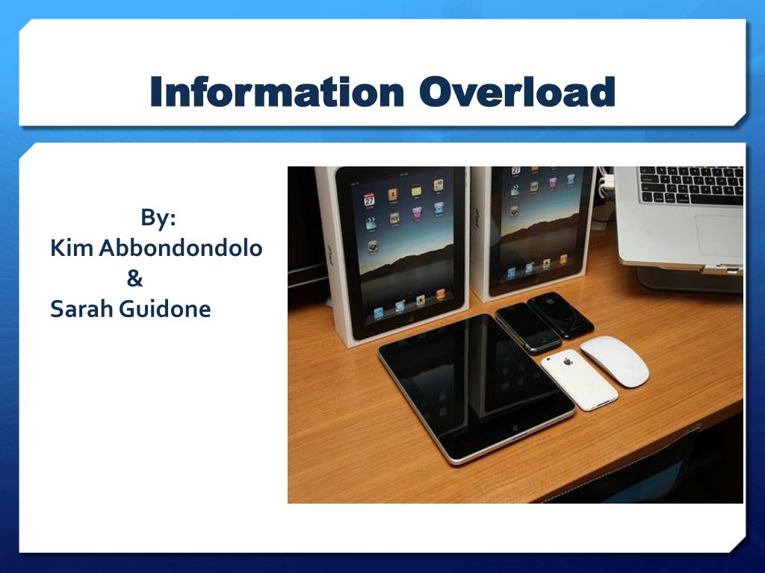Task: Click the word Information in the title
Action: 276,93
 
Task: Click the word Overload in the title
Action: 517,93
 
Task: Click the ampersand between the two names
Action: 134,279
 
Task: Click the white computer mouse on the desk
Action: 615,360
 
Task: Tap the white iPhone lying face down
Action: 580,379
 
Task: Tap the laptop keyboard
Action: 691,184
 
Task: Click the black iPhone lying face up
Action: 527,328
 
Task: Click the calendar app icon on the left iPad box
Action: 369,199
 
